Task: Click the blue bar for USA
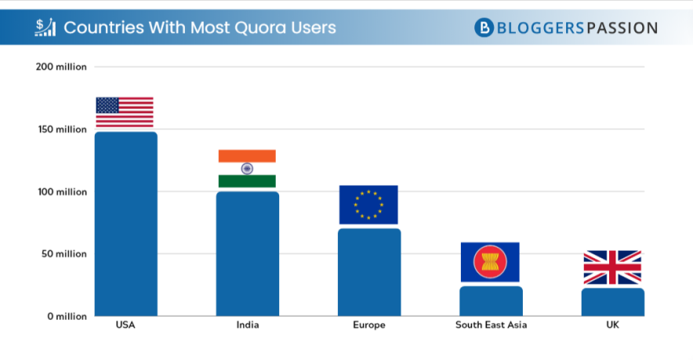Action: (125, 224)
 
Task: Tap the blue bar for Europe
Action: (369, 272)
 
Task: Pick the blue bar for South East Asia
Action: (491, 301)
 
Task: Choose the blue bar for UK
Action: (612, 302)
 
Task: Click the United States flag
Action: (125, 112)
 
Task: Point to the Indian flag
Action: (247, 169)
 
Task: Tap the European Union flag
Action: (368, 205)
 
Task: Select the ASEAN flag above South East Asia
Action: (490, 262)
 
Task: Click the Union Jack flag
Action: (612, 267)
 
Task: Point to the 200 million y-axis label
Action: (62, 67)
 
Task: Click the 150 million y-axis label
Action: (62, 129)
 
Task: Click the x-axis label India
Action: (247, 325)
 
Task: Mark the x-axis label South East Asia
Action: (491, 325)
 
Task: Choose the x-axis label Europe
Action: (369, 325)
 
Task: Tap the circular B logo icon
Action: (484, 27)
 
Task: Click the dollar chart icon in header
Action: (45, 27)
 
